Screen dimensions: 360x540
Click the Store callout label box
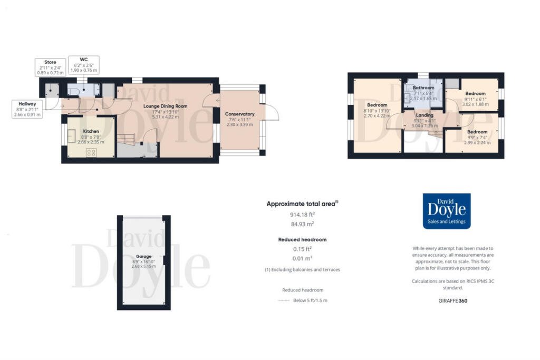[x=50, y=67]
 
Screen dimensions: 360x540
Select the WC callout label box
[x=83, y=65]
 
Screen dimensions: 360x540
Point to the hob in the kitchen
[x=91, y=152]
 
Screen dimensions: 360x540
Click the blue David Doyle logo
[x=447, y=211]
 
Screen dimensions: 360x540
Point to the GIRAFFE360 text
[x=453, y=301]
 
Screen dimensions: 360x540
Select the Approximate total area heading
[x=302, y=203]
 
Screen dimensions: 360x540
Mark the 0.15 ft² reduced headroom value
[x=302, y=249]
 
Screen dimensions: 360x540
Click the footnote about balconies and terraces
[x=302, y=270]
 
